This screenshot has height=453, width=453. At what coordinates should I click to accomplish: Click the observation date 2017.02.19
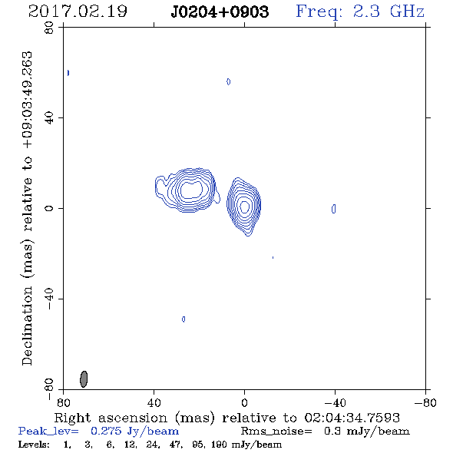(78, 12)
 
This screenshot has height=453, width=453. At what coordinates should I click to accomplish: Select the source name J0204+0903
(220, 12)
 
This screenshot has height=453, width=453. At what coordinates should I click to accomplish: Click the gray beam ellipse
(84, 379)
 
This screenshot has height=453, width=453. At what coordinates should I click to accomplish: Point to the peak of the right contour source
(245, 207)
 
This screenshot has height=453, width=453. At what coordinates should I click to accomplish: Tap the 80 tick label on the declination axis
(49, 28)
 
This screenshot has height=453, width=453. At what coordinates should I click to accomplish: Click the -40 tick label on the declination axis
(49, 299)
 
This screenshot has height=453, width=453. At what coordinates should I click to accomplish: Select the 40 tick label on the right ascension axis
(154, 402)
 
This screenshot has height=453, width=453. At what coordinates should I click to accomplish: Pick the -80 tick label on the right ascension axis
(425, 402)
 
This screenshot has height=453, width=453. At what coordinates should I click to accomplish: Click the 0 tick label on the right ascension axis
(244, 402)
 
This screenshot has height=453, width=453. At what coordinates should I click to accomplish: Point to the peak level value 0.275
(106, 431)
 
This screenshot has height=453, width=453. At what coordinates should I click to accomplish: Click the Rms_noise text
(276, 432)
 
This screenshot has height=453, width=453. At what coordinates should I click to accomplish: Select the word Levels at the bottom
(34, 444)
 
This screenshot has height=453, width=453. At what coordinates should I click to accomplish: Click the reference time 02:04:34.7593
(352, 418)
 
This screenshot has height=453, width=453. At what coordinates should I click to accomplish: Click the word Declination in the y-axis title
(27, 326)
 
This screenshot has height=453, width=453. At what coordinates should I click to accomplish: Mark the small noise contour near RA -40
(334, 209)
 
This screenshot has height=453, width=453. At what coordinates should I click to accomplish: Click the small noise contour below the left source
(184, 319)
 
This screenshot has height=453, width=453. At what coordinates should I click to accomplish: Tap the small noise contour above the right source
(229, 81)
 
